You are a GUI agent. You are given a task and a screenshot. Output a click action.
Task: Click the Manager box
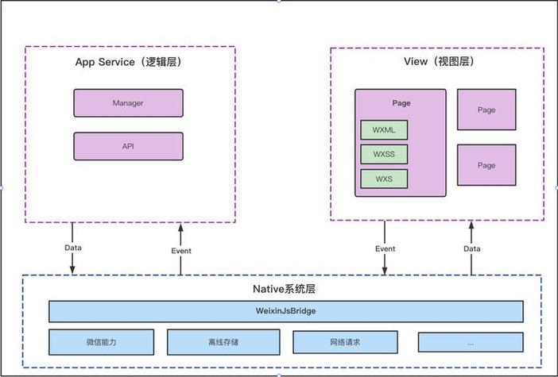(128, 103)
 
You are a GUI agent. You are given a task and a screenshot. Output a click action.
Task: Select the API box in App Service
(128, 146)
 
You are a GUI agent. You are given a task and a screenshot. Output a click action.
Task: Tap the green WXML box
(384, 129)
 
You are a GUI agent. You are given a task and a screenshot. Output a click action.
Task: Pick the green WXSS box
(384, 154)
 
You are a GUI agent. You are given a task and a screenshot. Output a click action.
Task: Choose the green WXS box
(384, 179)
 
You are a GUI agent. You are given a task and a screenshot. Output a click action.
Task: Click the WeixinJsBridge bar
(286, 311)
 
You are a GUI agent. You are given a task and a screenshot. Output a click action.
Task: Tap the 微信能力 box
(100, 342)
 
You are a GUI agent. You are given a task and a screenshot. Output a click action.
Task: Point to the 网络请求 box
(345, 342)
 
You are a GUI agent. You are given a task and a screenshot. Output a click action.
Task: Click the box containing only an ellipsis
(471, 342)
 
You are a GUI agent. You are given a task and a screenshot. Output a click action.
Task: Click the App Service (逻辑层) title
(130, 63)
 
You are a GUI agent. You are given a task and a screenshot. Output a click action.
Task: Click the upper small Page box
(486, 110)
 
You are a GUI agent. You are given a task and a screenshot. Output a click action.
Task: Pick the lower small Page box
(486, 165)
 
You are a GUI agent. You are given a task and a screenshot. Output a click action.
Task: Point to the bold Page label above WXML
(401, 104)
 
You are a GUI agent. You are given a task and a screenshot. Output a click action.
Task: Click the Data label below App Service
(73, 248)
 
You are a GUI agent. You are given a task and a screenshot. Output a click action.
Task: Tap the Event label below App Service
(180, 251)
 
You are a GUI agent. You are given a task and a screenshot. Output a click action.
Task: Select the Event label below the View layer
(385, 248)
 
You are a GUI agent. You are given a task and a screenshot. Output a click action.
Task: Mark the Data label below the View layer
(471, 248)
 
